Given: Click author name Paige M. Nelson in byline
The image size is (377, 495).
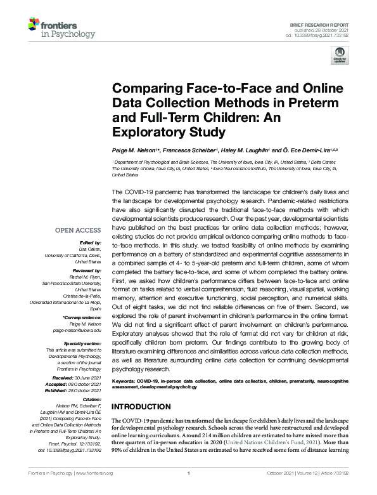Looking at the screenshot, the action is pos(133,150).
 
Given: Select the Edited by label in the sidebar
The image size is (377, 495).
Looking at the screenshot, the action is pos(88,243).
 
